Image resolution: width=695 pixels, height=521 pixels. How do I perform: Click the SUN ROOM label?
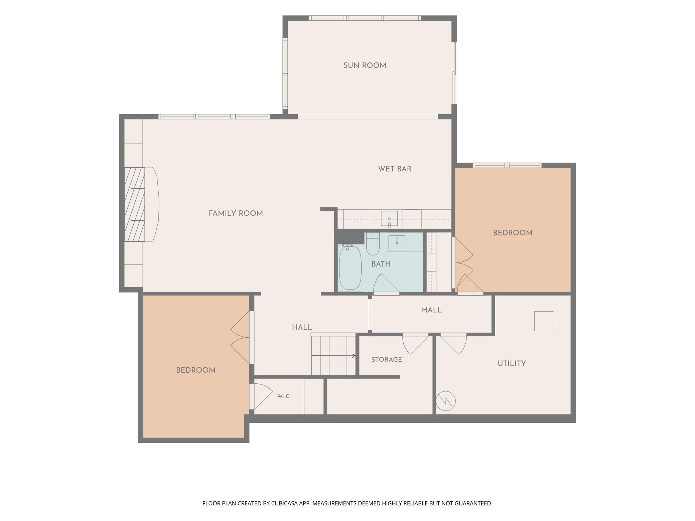(365, 65)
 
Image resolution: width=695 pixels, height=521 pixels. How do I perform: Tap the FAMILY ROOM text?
(236, 213)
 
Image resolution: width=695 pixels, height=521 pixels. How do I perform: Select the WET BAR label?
(395, 169)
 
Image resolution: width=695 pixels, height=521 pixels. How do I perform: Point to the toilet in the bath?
(373, 244)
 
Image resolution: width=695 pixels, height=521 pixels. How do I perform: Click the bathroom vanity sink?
(397, 242)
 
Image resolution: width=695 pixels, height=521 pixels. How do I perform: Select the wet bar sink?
(389, 219)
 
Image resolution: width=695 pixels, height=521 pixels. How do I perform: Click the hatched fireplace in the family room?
(135, 204)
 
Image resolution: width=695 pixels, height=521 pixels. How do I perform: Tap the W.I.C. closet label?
(284, 396)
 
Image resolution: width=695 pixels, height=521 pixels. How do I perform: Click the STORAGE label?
(387, 360)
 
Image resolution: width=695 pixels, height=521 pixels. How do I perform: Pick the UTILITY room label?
(512, 363)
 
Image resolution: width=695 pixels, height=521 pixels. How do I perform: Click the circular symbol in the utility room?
(446, 401)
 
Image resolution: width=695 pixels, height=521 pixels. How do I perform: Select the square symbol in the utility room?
(544, 321)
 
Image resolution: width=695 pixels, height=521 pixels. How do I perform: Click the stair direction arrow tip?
(355, 356)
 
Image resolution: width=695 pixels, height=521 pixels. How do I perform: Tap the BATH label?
(381, 264)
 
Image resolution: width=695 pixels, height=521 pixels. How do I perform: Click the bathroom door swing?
(386, 284)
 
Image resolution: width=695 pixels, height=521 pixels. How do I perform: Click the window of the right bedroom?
(507, 165)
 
